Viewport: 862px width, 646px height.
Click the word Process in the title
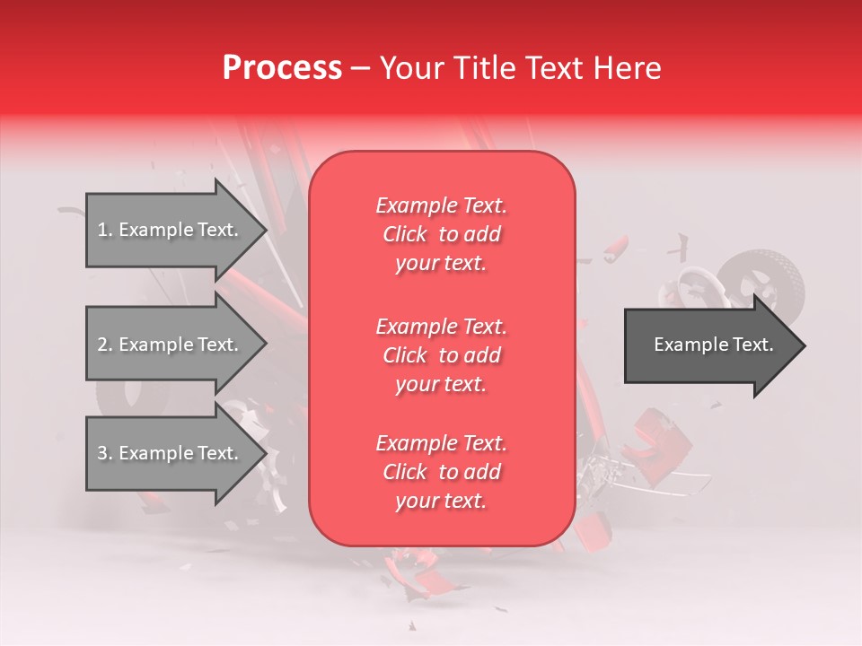pos(282,68)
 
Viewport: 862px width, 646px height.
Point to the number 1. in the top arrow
pos(105,231)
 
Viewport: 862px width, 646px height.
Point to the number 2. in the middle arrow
pos(105,345)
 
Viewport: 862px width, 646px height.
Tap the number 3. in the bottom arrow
pos(105,454)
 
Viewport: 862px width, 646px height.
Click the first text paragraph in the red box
pos(441,234)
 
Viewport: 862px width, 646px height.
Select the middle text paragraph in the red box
pos(441,355)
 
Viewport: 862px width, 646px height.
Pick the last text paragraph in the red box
pos(441,472)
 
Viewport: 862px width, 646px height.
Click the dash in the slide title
pos(360,69)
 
